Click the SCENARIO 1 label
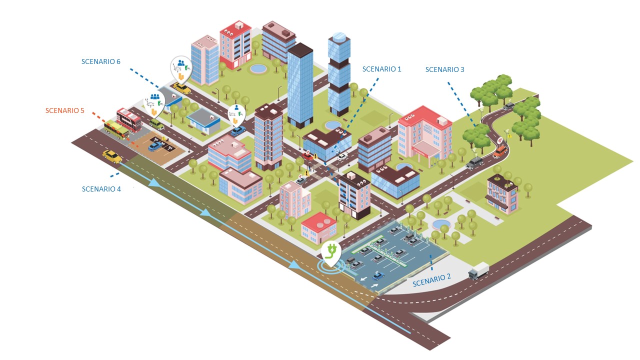pos(381,69)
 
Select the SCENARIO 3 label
pos(445,69)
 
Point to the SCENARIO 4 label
pos(101,189)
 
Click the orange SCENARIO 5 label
pos(65,110)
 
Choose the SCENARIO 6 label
pos(101,61)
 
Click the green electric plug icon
pos(331,250)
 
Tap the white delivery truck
pos(478,271)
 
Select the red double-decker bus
pos(129,120)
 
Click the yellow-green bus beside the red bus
pos(116,129)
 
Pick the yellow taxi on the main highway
pos(112,156)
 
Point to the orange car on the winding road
pos(500,151)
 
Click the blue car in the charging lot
pos(378,276)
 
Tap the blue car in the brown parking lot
pos(155,146)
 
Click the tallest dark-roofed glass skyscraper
pos(300,85)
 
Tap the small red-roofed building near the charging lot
pos(318,228)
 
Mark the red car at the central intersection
pos(308,156)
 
